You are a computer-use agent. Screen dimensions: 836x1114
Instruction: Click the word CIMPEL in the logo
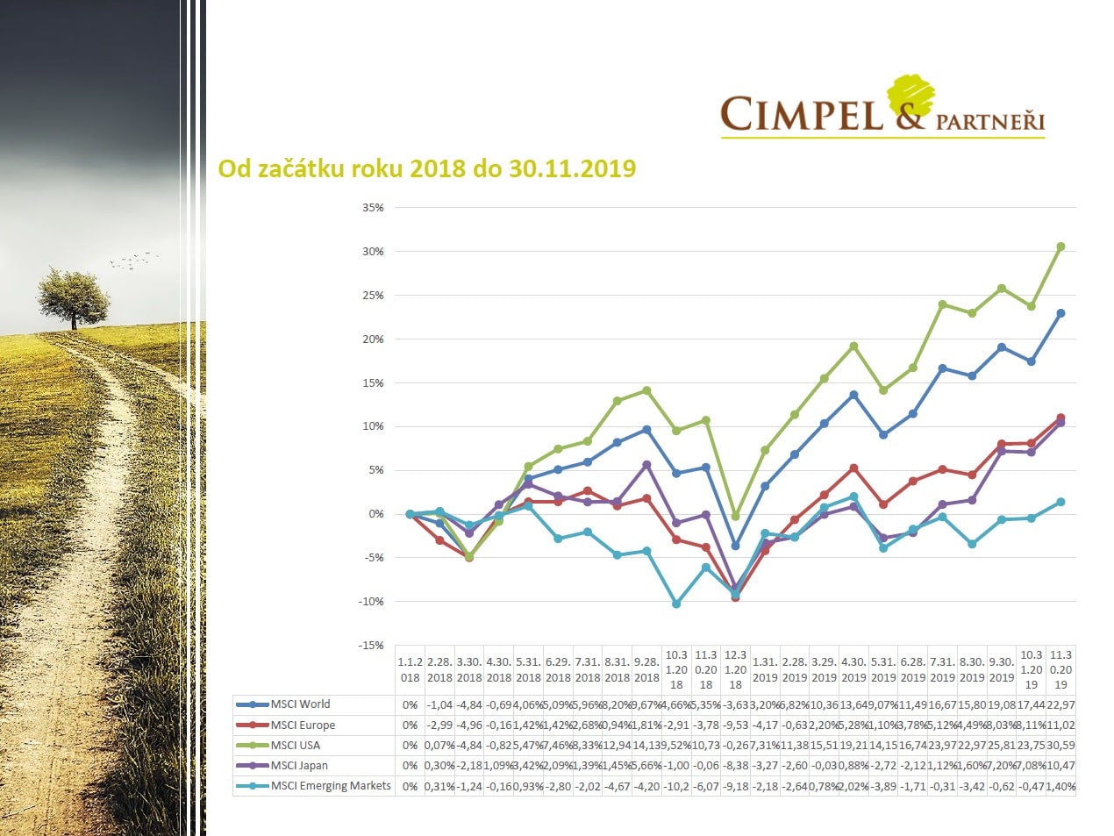801,115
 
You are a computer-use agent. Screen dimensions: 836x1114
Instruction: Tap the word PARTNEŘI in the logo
990,121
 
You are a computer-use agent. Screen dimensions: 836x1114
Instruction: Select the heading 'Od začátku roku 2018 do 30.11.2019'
426,168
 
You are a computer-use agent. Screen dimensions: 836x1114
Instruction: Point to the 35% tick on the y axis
373,208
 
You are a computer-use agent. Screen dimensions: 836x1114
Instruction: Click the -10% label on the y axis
371,602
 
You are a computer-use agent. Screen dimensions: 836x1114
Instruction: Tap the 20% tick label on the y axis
373,339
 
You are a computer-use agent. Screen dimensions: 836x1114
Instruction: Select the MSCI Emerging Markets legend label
330,786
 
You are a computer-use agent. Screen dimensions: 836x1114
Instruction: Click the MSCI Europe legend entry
303,725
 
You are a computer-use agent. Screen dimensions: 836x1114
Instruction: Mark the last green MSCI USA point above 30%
1060,247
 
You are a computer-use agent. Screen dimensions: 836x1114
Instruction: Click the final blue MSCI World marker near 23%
1060,313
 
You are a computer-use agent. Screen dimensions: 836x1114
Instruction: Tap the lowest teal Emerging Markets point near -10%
676,604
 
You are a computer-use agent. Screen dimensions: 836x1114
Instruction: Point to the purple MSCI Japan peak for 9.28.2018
646,465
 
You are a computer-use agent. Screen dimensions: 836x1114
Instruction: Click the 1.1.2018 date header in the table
410,670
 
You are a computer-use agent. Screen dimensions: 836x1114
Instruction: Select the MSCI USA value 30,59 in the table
1060,746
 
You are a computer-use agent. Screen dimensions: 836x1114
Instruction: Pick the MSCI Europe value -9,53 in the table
735,725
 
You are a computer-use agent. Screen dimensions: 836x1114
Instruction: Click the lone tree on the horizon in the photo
74,297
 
